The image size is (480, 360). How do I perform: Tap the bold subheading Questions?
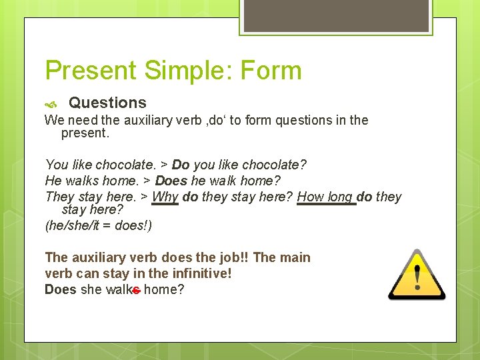[107, 103]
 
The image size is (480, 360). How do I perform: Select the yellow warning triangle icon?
[417, 275]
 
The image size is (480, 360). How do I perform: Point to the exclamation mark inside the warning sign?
[418, 276]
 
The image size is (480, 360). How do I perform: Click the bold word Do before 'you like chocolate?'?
[181, 164]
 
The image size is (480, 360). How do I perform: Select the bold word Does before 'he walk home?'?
[171, 180]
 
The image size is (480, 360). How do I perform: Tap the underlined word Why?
[165, 197]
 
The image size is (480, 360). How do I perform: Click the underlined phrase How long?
[325, 197]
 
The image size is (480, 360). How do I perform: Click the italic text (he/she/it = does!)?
[98, 225]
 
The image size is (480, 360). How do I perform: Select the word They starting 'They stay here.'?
[60, 197]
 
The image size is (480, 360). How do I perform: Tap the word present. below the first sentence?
[85, 133]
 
